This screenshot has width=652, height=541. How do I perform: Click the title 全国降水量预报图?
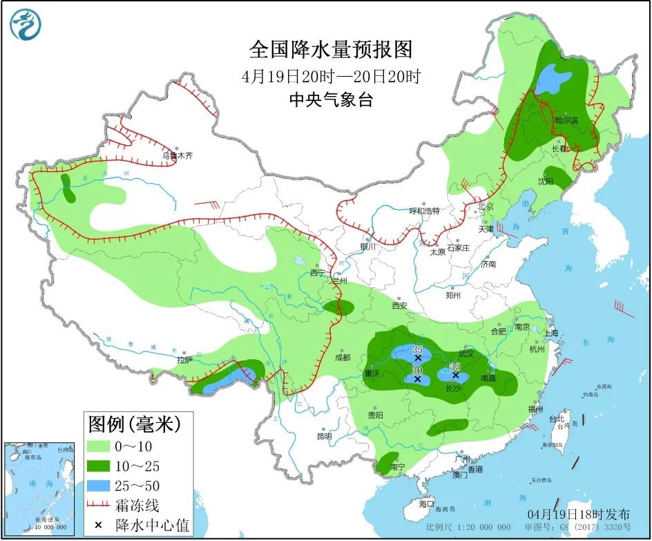(330, 50)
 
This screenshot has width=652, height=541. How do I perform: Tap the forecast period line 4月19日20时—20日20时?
(332, 75)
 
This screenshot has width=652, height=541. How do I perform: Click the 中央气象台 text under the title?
(331, 100)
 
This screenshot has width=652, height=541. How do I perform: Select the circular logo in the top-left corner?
(26, 25)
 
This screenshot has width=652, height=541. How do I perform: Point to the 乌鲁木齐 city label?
(178, 156)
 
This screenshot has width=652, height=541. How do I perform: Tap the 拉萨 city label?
(184, 360)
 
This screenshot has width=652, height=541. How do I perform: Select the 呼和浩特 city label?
(424, 211)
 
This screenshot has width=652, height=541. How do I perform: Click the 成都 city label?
(342, 357)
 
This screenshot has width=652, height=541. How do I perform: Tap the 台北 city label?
(557, 419)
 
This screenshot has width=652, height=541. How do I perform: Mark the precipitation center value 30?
(416, 370)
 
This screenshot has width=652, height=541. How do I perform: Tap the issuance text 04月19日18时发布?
(579, 515)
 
